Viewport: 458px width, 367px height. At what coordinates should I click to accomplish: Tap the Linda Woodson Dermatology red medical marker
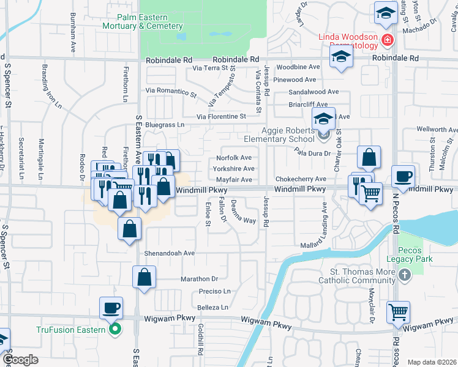pyautogui.click(x=387, y=41)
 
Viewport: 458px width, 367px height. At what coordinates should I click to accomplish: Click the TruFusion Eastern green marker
pyautogui.click(x=113, y=330)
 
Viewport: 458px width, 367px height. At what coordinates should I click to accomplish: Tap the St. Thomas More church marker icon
pyautogui.click(x=404, y=276)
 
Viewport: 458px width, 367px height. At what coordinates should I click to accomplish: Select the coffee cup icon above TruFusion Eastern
pyautogui.click(x=111, y=308)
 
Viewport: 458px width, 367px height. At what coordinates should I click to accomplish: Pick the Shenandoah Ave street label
pyautogui.click(x=170, y=253)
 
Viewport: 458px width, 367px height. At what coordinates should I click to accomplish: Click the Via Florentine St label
pyautogui.click(x=221, y=116)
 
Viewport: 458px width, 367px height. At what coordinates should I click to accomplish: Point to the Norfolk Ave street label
pyautogui.click(x=234, y=158)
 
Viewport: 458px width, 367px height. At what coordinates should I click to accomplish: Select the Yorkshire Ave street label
pyautogui.click(x=234, y=169)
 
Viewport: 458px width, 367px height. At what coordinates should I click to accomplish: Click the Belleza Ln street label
pyautogui.click(x=213, y=307)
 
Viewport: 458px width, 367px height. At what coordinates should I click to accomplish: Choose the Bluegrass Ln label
pyautogui.click(x=164, y=125)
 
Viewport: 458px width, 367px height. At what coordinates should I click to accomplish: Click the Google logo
pyautogui.click(x=20, y=360)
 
